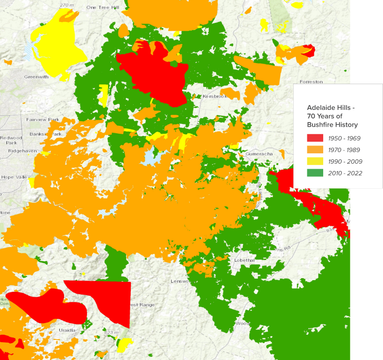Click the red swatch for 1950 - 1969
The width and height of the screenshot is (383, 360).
(315, 138)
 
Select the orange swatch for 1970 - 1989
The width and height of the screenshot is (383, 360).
(315, 150)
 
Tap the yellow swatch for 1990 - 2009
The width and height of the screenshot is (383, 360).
(315, 161)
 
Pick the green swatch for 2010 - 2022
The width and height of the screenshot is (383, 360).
(315, 173)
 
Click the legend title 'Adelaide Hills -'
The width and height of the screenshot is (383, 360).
(331, 108)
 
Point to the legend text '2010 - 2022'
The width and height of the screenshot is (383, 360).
(346, 173)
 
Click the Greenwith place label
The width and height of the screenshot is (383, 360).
(36, 77)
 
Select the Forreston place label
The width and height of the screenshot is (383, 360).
(312, 82)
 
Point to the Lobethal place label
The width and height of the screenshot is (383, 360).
(244, 259)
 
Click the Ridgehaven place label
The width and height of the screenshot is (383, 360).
(22, 151)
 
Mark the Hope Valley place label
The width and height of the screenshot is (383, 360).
(14, 178)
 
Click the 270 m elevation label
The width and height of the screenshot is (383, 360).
(67, 5)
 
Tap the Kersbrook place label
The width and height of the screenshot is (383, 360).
(214, 96)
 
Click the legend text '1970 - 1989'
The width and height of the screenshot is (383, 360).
(346, 150)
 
